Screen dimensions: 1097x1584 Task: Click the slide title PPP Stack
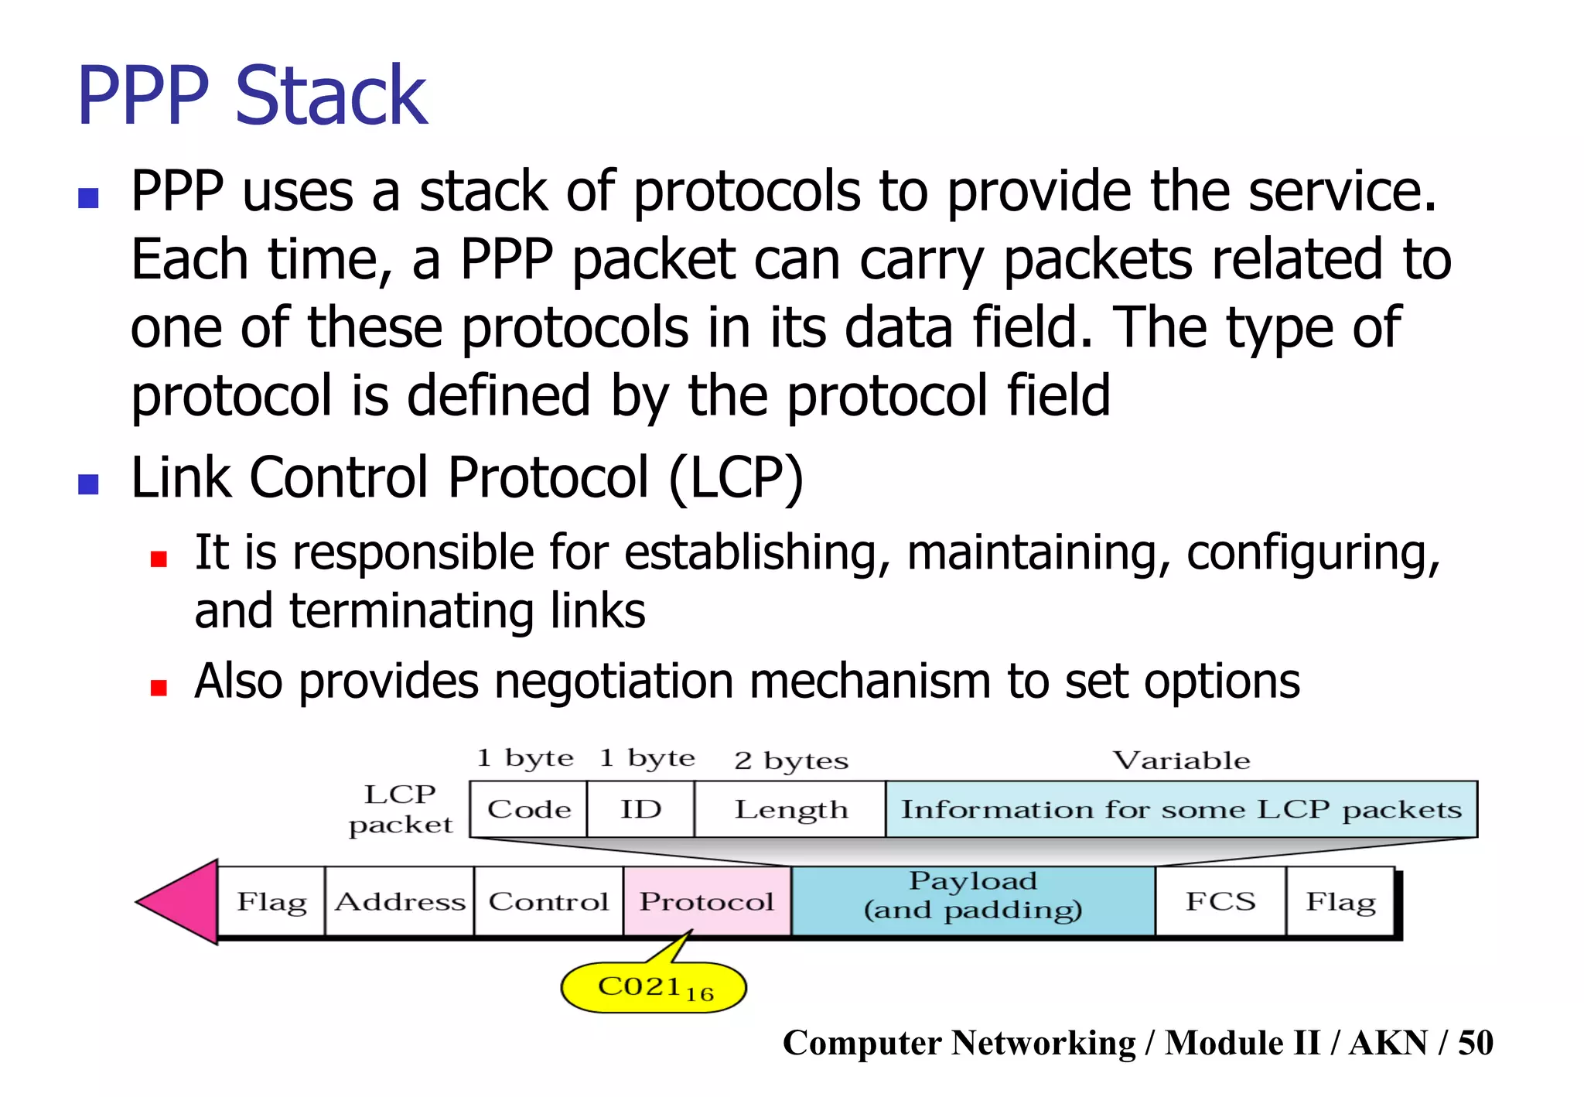(252, 96)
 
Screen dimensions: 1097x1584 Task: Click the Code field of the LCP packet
(529, 809)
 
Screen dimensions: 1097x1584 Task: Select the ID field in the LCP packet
(640, 809)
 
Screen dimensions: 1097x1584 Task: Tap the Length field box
(790, 809)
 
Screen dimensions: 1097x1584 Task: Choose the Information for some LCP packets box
(1181, 809)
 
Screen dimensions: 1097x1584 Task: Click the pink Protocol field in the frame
(707, 901)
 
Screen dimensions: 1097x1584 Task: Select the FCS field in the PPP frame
(1220, 901)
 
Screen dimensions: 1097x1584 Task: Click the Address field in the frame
(400, 901)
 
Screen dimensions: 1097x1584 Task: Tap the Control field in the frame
(548, 901)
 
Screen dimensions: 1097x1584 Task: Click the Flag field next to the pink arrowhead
(271, 901)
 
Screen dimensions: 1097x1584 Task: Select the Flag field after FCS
(1340, 901)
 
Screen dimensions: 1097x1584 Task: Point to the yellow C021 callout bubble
(654, 987)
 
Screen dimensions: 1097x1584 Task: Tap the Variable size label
(1181, 760)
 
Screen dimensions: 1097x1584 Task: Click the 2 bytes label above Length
(790, 761)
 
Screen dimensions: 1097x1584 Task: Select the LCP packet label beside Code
(400, 809)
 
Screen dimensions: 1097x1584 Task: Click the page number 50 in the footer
(1475, 1043)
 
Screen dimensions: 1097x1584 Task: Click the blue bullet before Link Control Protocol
(89, 484)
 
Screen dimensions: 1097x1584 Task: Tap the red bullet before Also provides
(159, 688)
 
